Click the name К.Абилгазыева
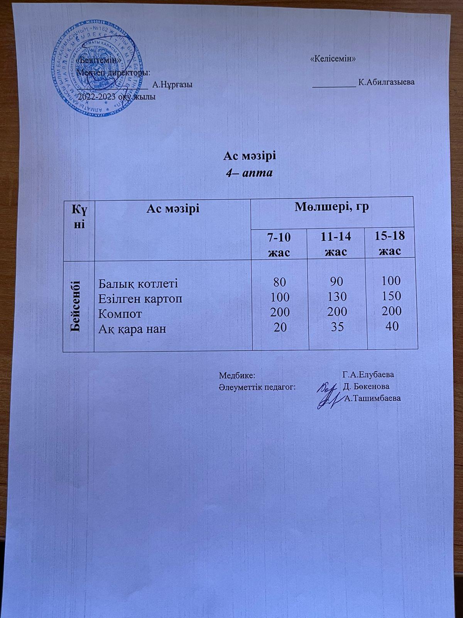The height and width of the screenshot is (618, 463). point(386,82)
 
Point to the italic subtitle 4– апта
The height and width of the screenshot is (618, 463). point(249,173)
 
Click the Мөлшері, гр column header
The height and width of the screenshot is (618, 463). point(332,207)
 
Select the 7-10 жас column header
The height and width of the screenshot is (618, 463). point(280,244)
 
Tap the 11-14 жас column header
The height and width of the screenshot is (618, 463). point(336,244)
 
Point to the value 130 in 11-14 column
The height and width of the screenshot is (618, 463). point(336,297)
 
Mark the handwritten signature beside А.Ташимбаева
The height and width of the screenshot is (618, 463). point(327,397)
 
